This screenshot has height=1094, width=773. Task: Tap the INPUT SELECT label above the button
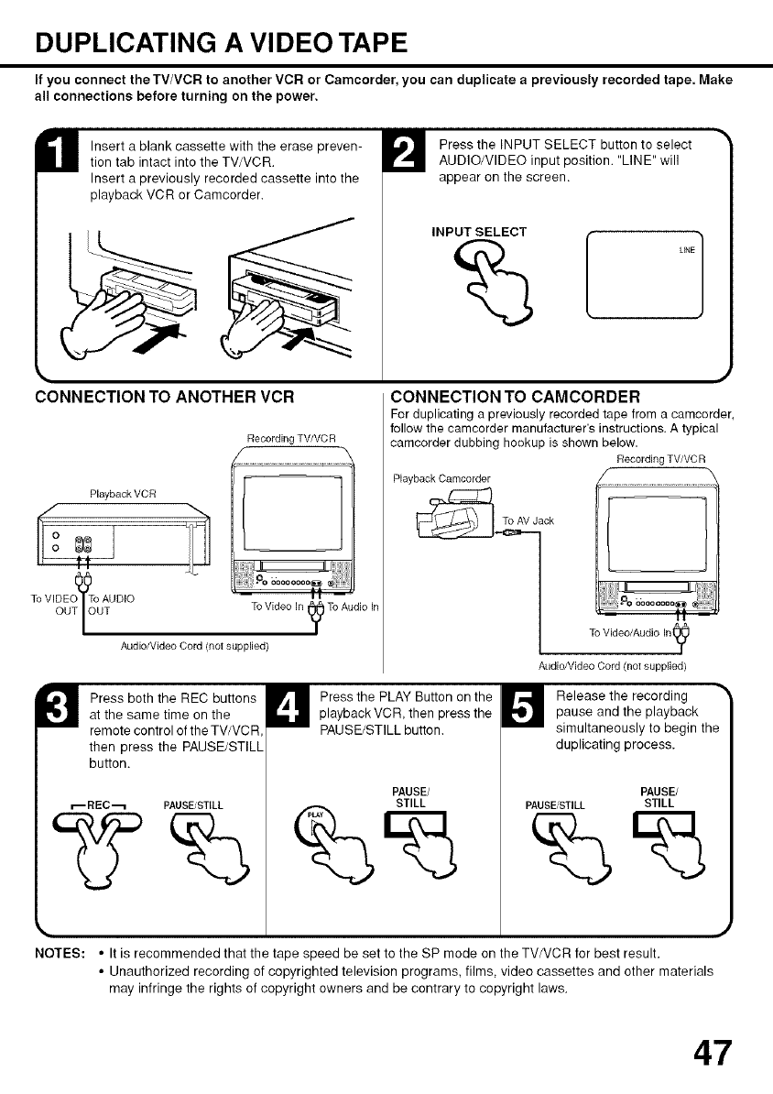tap(479, 231)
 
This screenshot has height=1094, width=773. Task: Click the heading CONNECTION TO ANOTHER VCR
tap(164, 397)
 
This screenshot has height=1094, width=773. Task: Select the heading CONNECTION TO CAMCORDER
tap(514, 397)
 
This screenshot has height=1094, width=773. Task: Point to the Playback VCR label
tap(120, 496)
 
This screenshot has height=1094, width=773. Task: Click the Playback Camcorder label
tap(441, 478)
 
